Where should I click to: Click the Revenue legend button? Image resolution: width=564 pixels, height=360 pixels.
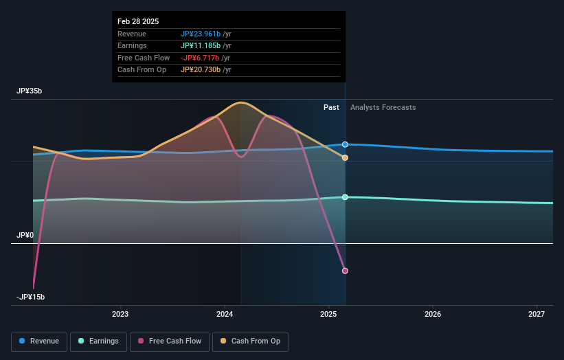(x=39, y=341)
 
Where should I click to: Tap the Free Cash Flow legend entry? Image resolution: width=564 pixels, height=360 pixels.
(x=169, y=341)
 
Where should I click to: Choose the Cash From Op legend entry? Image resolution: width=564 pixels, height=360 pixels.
(x=250, y=341)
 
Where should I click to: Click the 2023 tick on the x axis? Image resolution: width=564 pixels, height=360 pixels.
(x=120, y=315)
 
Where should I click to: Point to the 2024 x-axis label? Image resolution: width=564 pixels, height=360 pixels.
(x=225, y=315)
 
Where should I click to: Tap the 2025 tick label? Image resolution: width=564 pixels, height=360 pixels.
(x=329, y=315)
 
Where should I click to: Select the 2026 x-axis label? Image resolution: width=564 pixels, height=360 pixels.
(x=433, y=315)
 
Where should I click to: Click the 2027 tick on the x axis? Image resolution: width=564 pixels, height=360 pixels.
(x=537, y=315)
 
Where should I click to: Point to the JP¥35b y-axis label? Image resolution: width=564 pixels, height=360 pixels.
(x=31, y=91)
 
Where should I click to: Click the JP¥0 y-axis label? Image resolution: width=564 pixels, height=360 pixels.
(x=25, y=235)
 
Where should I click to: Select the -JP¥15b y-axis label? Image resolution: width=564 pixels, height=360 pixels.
(x=31, y=297)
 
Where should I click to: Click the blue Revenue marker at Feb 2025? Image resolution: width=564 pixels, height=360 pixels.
(x=345, y=144)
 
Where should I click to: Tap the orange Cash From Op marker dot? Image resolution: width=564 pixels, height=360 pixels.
(x=345, y=158)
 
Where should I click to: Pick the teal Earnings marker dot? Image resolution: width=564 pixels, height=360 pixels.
(x=345, y=197)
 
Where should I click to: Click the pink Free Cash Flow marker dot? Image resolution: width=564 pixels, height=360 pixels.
(x=345, y=271)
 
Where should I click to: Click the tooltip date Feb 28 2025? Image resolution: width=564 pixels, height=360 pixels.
(x=138, y=21)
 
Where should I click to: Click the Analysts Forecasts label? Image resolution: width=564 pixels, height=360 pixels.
(x=383, y=107)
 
